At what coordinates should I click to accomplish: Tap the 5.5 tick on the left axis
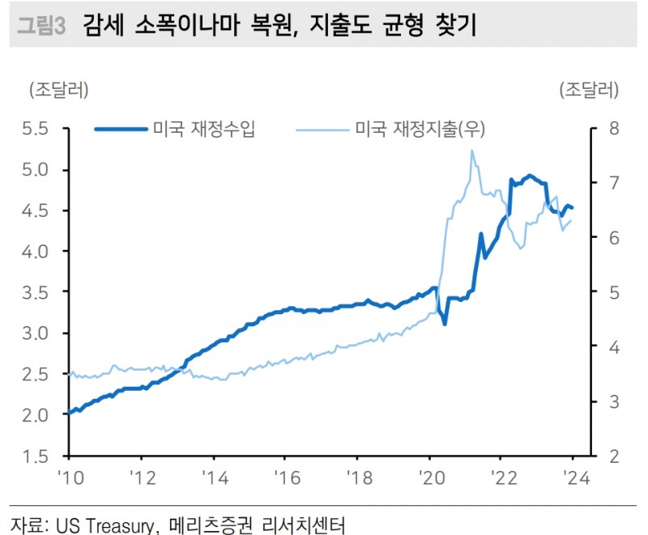[x=36, y=129]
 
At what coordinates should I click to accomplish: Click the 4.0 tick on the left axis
[x=36, y=252]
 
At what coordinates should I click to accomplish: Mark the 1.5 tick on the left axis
[x=36, y=456]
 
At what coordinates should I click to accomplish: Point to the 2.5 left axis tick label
[x=36, y=374]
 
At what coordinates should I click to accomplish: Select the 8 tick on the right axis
[x=613, y=129]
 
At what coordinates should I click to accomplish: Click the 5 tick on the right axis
[x=613, y=292]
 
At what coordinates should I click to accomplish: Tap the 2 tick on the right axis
[x=613, y=456]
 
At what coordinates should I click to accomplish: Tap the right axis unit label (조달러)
[x=589, y=88]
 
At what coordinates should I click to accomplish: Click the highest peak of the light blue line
[x=471, y=151]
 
